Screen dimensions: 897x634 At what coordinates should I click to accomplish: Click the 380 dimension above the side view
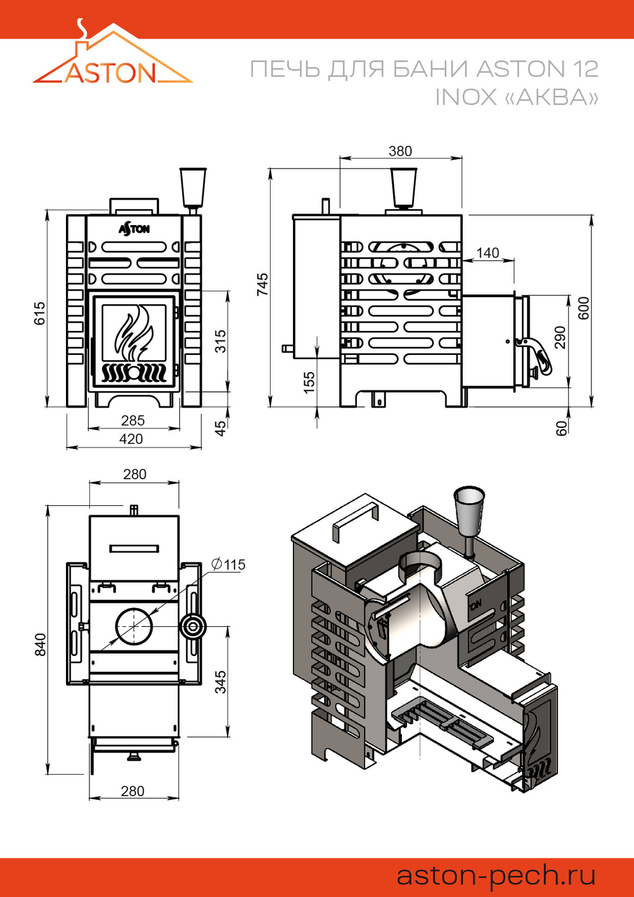(x=400, y=151)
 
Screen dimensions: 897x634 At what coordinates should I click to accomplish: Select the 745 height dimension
(x=262, y=285)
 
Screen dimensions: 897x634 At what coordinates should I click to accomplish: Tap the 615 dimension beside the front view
(x=39, y=313)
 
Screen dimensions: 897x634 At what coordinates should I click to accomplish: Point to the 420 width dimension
(x=131, y=439)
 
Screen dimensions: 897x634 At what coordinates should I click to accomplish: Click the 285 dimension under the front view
(x=133, y=420)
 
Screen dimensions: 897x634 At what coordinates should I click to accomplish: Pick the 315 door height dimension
(x=220, y=341)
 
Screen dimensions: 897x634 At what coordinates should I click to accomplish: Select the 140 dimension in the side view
(x=488, y=253)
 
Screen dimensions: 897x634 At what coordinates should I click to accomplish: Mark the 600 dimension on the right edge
(x=583, y=307)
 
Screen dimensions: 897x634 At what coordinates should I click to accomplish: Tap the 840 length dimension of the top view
(x=39, y=644)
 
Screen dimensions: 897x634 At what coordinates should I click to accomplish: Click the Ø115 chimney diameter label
(x=229, y=564)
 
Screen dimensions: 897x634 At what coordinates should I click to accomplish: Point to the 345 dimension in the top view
(x=220, y=682)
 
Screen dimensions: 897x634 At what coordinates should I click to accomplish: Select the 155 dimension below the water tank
(x=309, y=382)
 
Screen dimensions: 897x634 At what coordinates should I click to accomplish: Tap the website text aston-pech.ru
(x=496, y=875)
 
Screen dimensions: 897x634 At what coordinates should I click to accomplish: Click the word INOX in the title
(x=465, y=97)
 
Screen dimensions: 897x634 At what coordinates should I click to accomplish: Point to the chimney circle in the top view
(x=134, y=626)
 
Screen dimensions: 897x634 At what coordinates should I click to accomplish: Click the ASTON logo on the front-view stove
(x=134, y=228)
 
